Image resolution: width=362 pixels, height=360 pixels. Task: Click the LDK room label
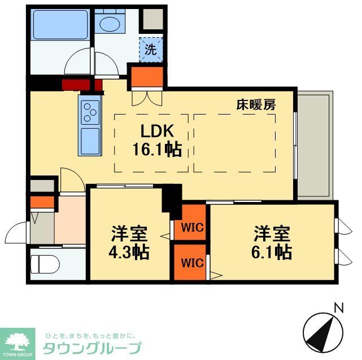[152, 131]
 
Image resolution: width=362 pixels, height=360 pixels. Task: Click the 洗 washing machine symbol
[150, 49]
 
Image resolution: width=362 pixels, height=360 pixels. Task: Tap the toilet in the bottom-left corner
[42, 264]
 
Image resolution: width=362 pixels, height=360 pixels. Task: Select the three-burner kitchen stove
[89, 111]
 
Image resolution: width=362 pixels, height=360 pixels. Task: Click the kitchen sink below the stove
[89, 141]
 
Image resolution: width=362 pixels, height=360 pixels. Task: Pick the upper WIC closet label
[192, 228]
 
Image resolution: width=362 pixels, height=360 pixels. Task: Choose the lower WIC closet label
[192, 262]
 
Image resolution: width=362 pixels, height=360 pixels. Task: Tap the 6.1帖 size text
[272, 251]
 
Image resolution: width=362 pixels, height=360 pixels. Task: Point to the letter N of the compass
[339, 308]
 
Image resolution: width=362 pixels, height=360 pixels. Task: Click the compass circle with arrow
[325, 332]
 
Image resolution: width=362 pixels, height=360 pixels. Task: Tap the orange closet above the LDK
[147, 76]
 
